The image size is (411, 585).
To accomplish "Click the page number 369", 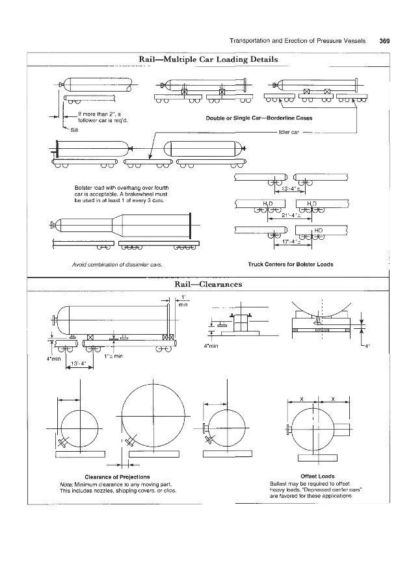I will point(384,41).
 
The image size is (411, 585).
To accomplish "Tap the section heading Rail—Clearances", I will point(208,285).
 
